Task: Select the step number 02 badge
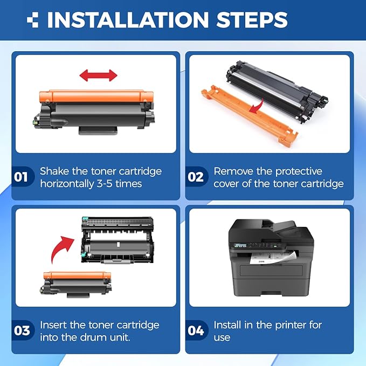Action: [196, 176]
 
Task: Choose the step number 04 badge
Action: [196, 330]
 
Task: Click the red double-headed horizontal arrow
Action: [98, 75]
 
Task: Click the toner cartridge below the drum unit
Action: [76, 284]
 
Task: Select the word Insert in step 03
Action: [53, 325]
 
